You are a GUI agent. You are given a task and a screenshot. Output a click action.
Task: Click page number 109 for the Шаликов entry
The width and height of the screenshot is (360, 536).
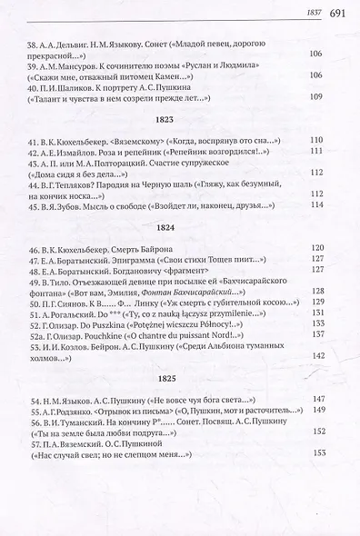coord(317,97)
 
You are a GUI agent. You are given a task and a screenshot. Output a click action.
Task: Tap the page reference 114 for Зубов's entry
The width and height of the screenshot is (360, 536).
coord(317,204)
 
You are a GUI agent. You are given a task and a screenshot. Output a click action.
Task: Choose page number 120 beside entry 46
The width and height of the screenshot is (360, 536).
coord(317,247)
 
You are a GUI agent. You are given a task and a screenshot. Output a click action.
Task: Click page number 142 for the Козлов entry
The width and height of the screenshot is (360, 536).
coord(317,356)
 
